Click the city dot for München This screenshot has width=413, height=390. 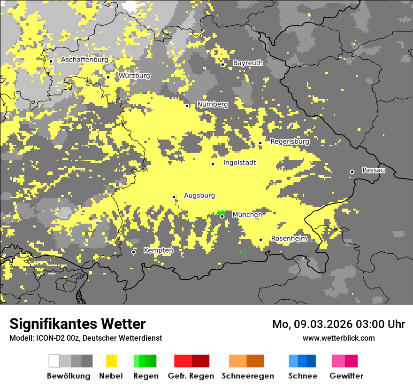[222, 216]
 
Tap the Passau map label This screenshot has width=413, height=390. [374, 170]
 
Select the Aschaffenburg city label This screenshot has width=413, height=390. [84, 60]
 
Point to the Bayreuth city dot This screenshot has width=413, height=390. [223, 64]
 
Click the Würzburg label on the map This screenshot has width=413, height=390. [134, 76]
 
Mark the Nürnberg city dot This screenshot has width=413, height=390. [187, 106]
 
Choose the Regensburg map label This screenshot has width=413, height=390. [290, 141]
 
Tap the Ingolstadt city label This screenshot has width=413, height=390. [240, 163]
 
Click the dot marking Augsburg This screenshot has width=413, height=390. [174, 197]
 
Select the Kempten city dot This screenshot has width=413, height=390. [133, 252]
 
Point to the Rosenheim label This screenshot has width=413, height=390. [289, 239]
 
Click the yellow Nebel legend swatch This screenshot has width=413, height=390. [111, 361]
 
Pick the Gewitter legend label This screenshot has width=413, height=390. [346, 376]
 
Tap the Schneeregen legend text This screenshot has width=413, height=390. [248, 376]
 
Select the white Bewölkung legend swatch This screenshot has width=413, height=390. [54, 361]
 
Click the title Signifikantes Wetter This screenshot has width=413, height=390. [77, 324]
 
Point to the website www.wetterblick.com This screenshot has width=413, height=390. [338, 338]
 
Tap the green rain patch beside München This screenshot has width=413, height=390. [221, 212]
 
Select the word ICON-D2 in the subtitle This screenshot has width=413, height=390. [49, 338]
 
